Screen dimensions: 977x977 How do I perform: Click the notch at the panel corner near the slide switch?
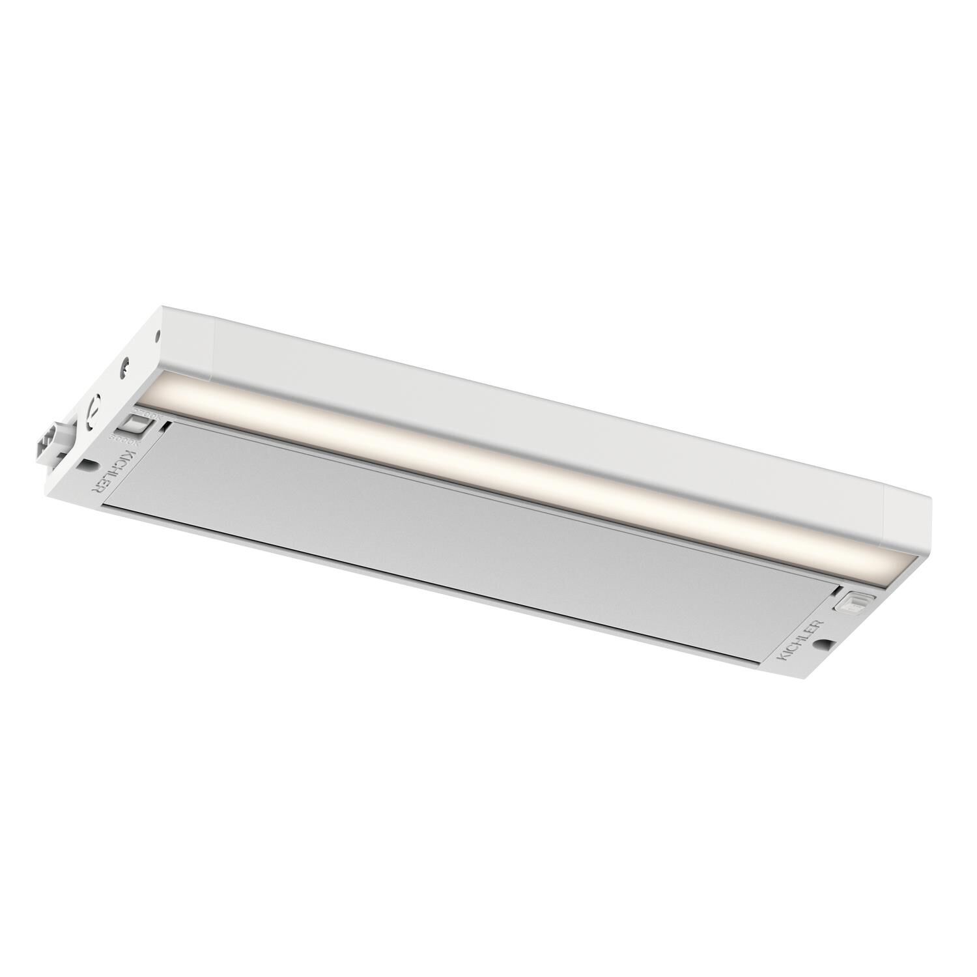(168, 425)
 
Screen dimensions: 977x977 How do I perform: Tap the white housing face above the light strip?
(521, 404)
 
